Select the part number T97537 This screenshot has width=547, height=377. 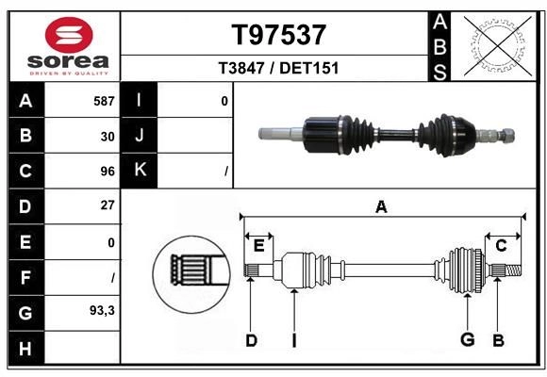278,35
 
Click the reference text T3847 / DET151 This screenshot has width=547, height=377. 278,68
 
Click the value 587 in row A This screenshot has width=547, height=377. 104,101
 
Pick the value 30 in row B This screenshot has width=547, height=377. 108,136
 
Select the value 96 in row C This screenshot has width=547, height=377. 108,172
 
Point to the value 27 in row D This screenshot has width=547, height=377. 108,205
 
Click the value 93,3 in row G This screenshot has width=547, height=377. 102,309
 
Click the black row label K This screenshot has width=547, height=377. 140,171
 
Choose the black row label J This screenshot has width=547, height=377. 140,136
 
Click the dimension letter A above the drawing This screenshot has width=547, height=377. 381,206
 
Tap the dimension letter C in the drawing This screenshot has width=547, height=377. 502,245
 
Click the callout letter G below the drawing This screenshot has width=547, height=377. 467,339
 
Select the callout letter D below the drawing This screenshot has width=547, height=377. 251,339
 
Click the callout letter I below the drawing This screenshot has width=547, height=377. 293,339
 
